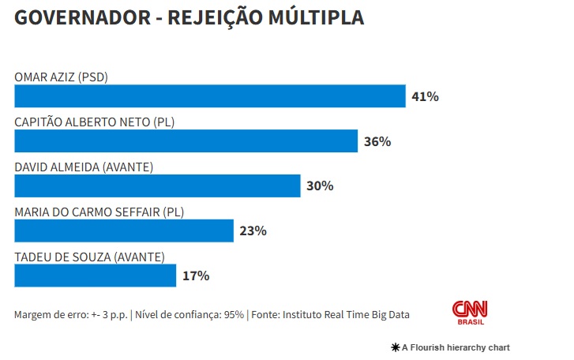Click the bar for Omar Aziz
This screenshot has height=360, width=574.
click(x=209, y=96)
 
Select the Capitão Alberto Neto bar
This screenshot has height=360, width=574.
click(x=186, y=141)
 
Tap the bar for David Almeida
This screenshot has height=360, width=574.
click(x=157, y=186)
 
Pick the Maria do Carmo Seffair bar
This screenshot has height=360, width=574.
click(x=124, y=231)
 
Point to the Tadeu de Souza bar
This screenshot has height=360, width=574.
click(x=95, y=276)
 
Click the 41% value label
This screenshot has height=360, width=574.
click(x=425, y=97)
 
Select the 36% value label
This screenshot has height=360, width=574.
click(x=377, y=142)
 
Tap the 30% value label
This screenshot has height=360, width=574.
click(x=320, y=186)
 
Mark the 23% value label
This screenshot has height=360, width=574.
click(x=253, y=231)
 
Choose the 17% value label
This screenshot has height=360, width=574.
click(x=195, y=276)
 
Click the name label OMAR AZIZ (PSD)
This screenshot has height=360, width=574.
click(x=61, y=77)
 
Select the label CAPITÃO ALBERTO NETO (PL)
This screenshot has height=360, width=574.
click(x=94, y=122)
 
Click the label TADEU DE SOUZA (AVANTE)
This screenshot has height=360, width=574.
click(x=89, y=257)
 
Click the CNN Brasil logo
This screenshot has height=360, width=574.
click(x=469, y=312)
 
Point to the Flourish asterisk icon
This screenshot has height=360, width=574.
click(x=394, y=347)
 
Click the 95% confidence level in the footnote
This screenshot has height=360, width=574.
click(x=234, y=315)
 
